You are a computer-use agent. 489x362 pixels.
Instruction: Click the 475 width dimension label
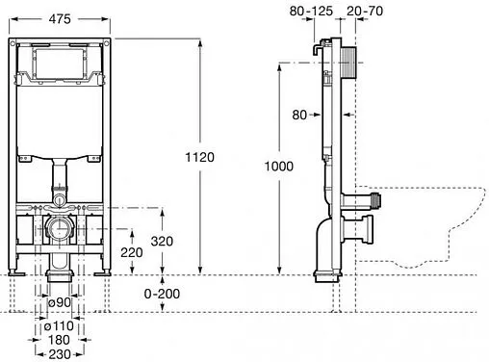[60, 19]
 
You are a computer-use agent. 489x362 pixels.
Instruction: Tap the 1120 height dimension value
[199, 157]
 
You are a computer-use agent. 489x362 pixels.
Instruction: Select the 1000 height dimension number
[278, 167]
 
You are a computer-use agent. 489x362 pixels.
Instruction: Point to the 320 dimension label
[162, 241]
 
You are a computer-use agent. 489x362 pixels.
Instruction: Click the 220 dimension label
[132, 252]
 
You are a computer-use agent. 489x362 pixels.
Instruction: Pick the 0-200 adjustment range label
[162, 294]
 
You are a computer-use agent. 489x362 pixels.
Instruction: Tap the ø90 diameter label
[59, 302]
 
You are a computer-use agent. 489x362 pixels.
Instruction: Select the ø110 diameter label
[59, 326]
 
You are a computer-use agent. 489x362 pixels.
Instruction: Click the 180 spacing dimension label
[59, 340]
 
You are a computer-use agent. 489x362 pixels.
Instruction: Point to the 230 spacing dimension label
[60, 354]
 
